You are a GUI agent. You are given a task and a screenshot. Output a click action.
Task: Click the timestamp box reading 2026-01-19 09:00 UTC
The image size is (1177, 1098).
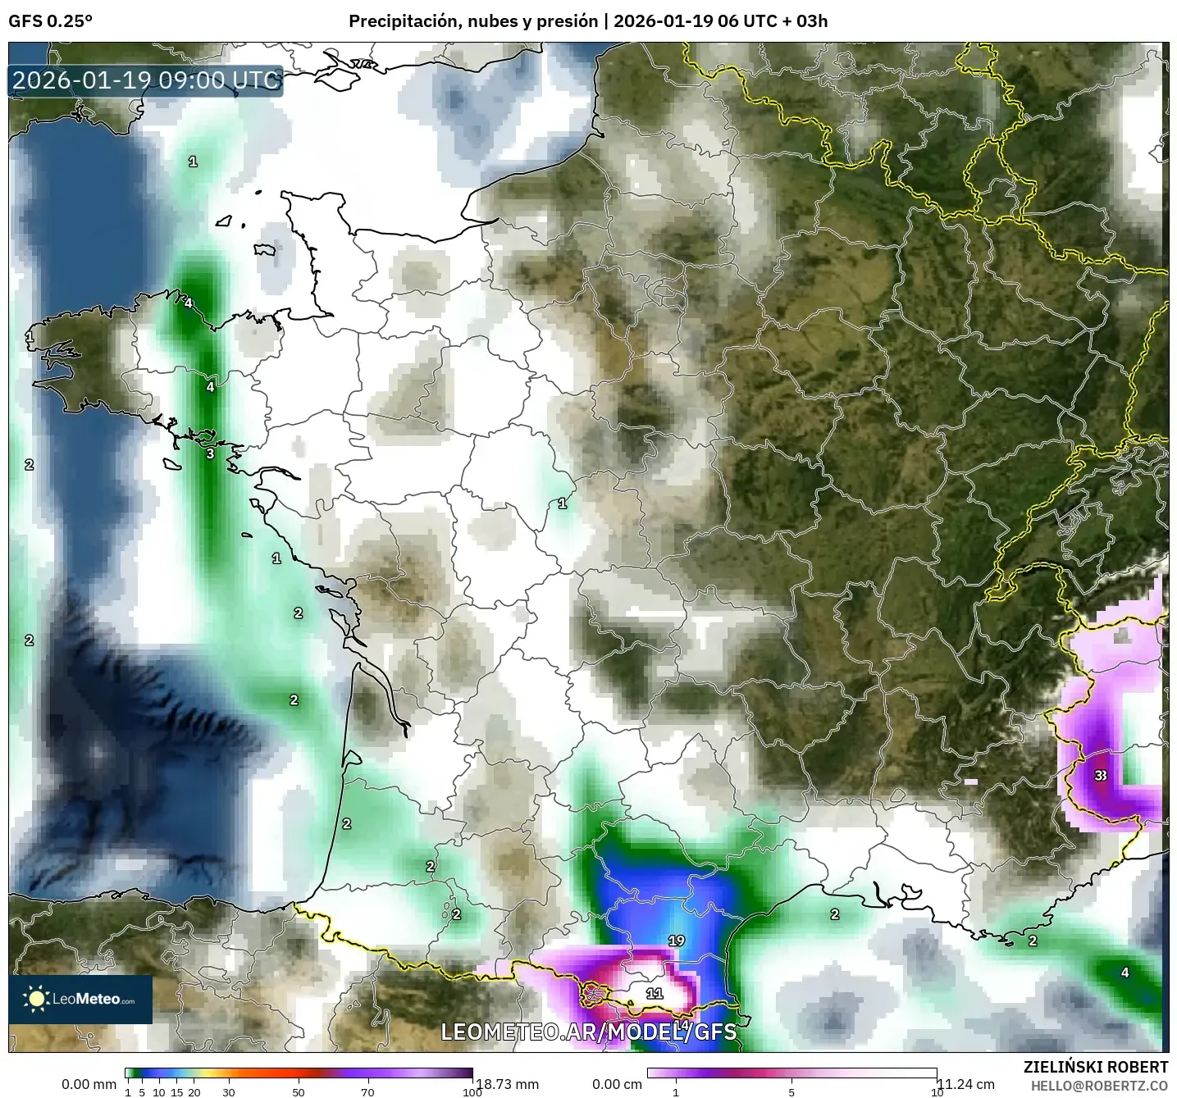click(146, 80)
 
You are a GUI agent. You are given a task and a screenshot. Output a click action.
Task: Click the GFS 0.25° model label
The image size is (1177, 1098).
click(50, 21)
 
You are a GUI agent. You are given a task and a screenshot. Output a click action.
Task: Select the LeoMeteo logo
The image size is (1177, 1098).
click(80, 999)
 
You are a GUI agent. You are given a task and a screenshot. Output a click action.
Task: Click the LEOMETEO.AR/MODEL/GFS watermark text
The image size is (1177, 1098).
click(588, 1032)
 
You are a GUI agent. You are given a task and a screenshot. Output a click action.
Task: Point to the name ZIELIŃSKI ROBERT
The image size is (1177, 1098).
click(1096, 1067)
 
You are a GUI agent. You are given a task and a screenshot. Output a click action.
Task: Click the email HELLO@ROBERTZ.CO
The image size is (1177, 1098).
click(1099, 1086)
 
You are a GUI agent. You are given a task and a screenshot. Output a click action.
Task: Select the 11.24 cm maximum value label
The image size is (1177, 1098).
click(965, 1084)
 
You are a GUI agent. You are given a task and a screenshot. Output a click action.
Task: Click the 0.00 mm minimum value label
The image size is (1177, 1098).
click(89, 1084)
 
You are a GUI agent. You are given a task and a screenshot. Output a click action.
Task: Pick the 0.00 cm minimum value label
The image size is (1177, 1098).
click(617, 1084)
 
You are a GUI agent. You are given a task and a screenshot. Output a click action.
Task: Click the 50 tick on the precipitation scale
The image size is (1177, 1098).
click(299, 1092)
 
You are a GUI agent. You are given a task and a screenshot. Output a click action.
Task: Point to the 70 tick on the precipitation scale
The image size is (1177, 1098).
click(367, 1092)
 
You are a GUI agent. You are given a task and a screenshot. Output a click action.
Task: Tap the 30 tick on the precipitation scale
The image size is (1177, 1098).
click(229, 1092)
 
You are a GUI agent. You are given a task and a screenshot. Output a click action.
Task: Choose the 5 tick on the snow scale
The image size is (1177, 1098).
click(792, 1092)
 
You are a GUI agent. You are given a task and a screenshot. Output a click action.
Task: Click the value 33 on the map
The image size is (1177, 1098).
click(1101, 775)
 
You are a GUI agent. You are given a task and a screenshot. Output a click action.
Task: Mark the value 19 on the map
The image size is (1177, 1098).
click(676, 941)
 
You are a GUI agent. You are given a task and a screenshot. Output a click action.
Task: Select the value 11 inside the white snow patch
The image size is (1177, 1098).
click(654, 993)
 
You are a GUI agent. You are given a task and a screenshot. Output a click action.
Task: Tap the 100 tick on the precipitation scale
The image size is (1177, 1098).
click(472, 1092)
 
